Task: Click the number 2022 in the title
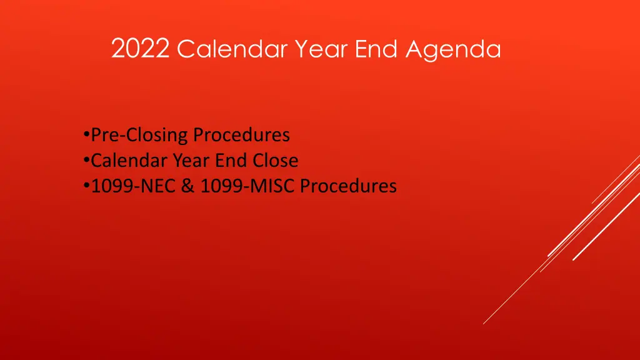point(141,49)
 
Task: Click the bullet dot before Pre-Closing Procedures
point(85,135)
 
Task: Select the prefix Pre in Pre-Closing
point(104,135)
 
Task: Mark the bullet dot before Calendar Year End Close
point(85,161)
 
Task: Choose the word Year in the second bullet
point(192,161)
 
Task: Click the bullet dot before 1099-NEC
point(85,186)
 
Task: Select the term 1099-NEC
point(134,186)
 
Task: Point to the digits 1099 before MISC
point(219,186)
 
